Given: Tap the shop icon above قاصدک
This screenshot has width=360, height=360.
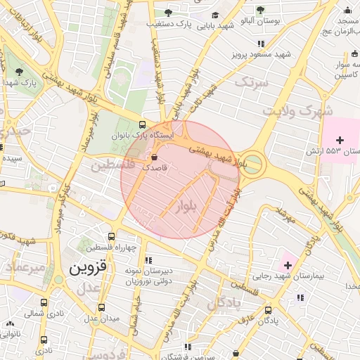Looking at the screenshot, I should (x=155, y=157).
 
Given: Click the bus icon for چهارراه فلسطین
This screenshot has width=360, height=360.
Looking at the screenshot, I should (x=111, y=237).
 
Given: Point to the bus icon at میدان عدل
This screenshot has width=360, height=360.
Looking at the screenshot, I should (x=102, y=307).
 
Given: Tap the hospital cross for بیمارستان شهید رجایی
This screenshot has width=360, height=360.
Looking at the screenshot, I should (x=287, y=264).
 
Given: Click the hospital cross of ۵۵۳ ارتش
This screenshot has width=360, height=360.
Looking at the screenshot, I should (x=340, y=140).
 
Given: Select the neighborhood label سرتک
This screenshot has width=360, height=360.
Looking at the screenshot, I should (x=252, y=83).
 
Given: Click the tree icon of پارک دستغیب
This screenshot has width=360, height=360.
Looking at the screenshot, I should (x=167, y=12).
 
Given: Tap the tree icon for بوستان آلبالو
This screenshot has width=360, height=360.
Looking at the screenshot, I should (x=260, y=11).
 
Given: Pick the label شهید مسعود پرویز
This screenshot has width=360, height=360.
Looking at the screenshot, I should (x=264, y=54).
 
